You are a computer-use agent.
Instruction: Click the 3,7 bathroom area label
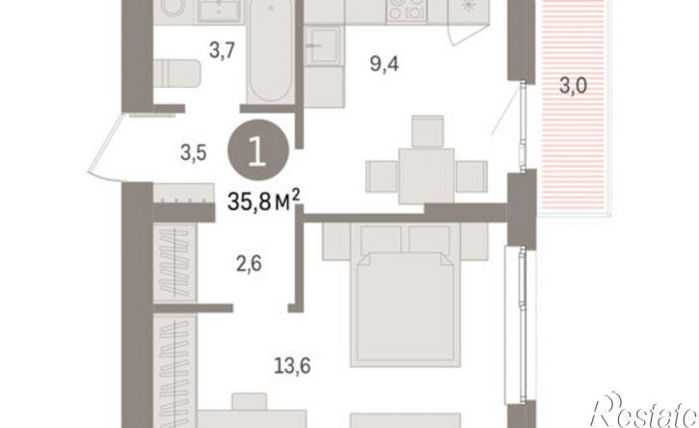pos(222,50)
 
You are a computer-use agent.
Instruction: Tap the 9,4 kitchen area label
pos(385,65)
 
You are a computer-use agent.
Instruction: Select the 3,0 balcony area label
pos(574,86)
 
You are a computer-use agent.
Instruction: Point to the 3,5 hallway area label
pos(194,152)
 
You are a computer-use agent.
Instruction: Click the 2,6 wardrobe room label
pos(249,263)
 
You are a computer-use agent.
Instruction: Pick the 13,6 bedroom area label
pos(292,366)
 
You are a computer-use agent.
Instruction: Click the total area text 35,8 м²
pos(263,201)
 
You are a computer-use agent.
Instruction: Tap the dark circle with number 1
pos(258,150)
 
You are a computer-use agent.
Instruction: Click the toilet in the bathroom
pos(177,73)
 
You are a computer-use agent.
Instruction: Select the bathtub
pos(270,50)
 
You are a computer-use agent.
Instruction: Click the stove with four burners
pos(407,11)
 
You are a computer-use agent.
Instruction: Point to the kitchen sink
pos(323,44)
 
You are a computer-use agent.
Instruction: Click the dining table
pos(426,175)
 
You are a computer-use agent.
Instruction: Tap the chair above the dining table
pos(427,132)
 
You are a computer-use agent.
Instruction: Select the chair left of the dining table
pos(383,176)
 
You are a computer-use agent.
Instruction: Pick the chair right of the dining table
pos(471,176)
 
